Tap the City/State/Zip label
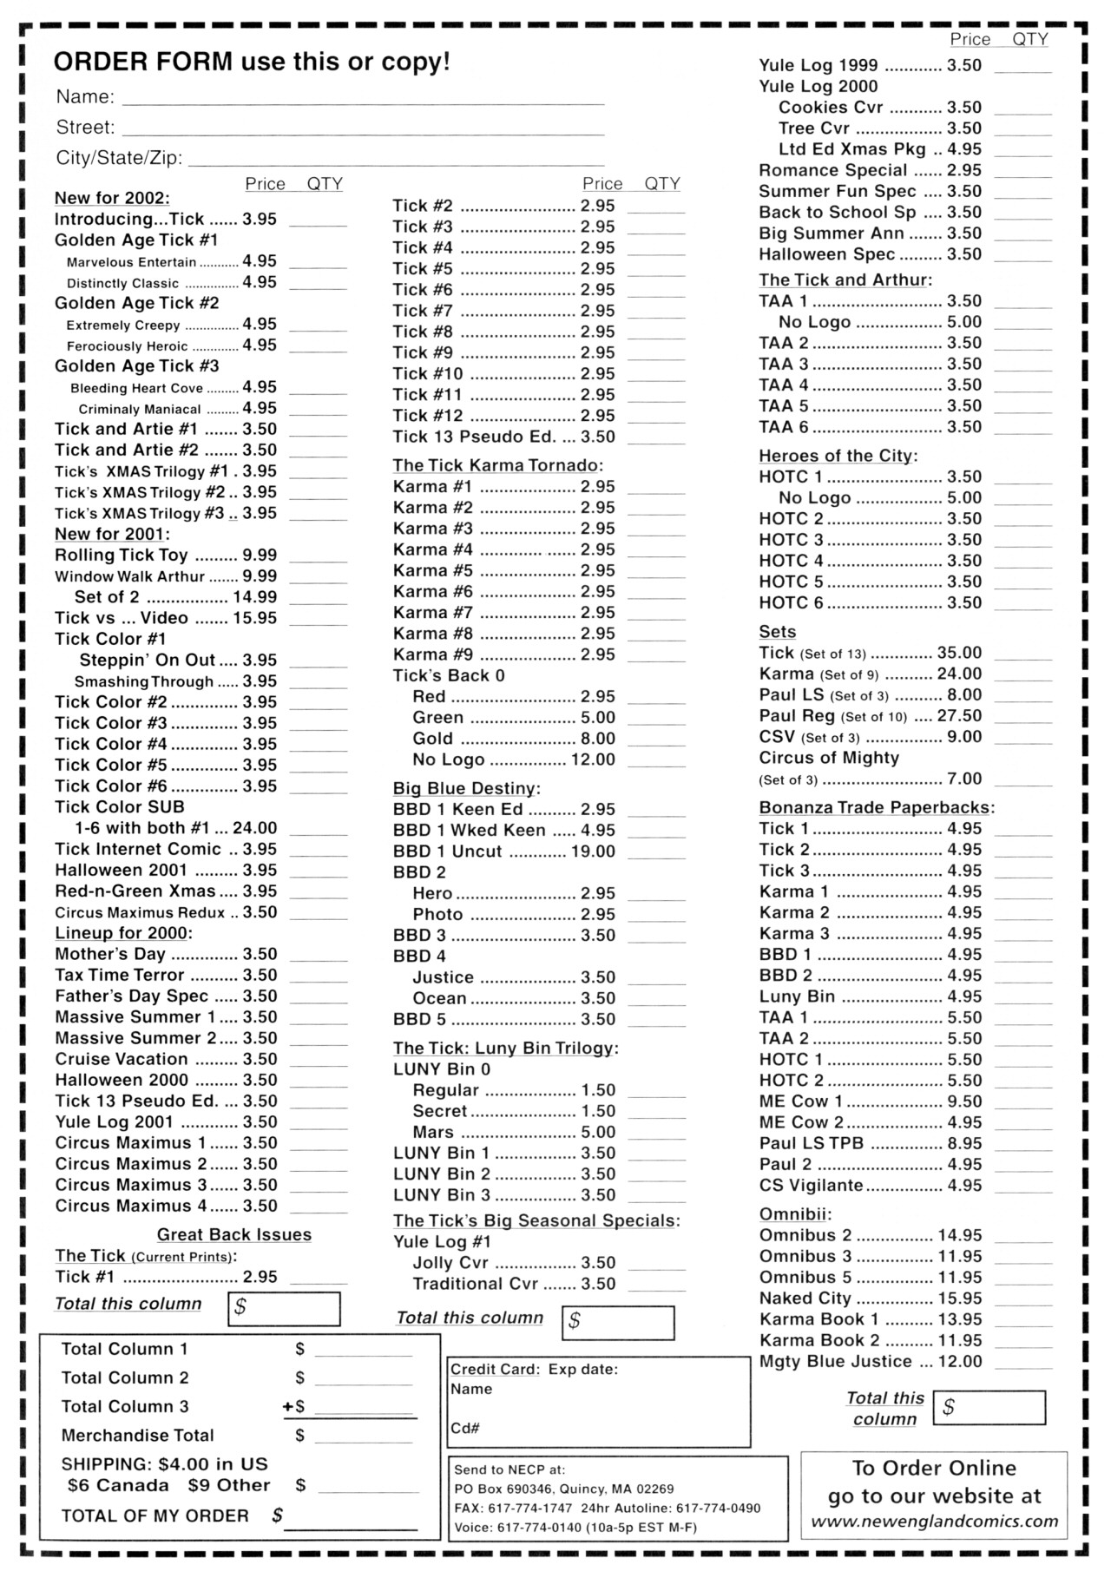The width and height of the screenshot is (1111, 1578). [x=119, y=158]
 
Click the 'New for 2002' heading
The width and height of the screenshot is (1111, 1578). [x=112, y=198]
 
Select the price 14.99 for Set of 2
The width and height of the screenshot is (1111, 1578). [x=254, y=597]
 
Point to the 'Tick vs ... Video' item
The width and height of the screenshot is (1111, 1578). [x=122, y=618]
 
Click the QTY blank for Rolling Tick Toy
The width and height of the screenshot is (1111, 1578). [x=318, y=558]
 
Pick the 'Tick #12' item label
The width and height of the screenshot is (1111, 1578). [x=428, y=416]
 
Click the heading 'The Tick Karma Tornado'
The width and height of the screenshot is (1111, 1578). [x=497, y=465]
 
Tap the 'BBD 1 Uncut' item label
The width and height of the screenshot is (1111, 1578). [x=447, y=851]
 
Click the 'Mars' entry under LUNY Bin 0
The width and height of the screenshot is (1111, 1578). [x=433, y=1132]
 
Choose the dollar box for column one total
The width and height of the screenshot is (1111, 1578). [x=284, y=1309]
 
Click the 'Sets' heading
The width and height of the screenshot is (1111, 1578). [x=777, y=632]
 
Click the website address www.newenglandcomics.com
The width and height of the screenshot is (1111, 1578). [x=934, y=1522]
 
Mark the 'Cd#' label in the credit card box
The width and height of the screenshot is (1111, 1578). [x=465, y=1428]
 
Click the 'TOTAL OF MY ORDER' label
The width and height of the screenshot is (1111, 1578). [x=154, y=1516]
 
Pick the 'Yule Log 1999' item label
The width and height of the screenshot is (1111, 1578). [x=818, y=65]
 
